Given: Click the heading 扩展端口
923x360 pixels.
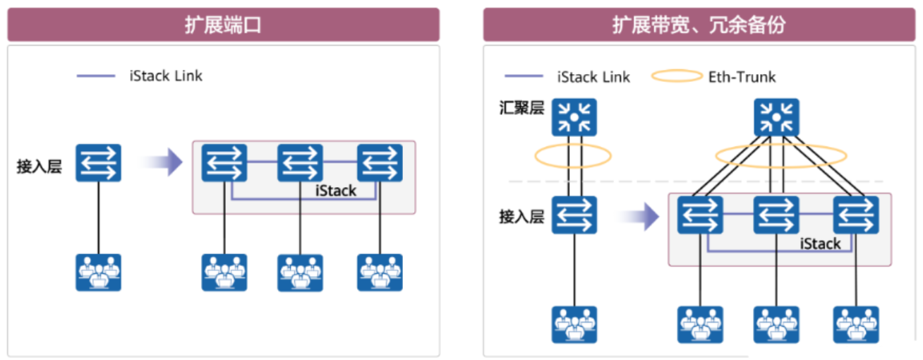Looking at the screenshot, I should pos(223,25).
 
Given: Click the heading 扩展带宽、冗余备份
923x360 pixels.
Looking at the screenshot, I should pos(699,25).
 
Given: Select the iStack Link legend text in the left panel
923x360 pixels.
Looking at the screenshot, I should pos(166,76).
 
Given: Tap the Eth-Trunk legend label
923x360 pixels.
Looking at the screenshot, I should pos(742,76).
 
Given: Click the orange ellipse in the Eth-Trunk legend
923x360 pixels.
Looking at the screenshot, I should pos(677,76).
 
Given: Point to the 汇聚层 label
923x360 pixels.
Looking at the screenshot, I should pos(521,110).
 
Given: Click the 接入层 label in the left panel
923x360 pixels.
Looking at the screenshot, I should pos(40,167).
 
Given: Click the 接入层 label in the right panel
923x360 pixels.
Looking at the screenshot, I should pos(521,217).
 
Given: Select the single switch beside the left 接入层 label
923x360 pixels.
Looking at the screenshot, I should pos(98,163).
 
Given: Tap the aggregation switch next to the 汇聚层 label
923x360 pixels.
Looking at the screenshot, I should pos(574,117).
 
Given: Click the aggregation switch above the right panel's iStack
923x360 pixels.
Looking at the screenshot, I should pos(776,117).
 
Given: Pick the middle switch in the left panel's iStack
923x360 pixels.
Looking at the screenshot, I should pos(300,163).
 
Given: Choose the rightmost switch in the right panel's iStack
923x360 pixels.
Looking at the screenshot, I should pos(856,215).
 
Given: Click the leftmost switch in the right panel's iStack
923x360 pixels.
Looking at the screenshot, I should pos(700,215).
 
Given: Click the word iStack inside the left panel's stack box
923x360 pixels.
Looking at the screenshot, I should pos(336,191).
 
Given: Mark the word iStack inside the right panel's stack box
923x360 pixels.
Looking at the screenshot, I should pos(820,244).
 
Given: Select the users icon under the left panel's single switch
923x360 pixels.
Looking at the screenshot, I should pos(98,272).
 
